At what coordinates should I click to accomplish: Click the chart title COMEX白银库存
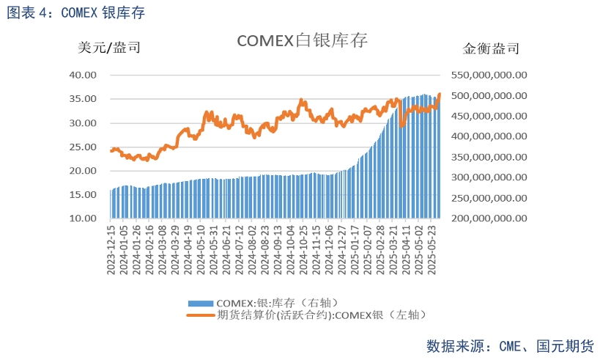tap(301, 41)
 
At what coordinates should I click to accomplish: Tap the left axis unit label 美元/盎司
tap(109, 48)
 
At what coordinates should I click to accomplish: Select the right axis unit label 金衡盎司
tap(492, 49)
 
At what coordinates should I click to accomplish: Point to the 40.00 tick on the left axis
tap(83, 75)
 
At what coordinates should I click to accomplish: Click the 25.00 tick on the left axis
tap(83, 147)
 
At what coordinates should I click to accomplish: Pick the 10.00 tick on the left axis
tap(83, 218)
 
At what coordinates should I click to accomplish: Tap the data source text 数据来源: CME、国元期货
tap(510, 345)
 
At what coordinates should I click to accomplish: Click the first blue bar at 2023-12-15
tap(111, 205)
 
